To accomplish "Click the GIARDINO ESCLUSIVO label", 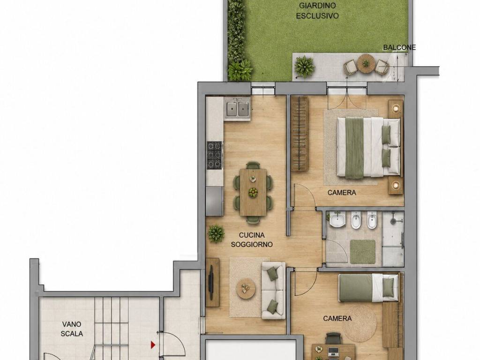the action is point(317,11).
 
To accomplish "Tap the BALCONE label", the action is point(399,47).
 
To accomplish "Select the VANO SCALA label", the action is point(72,329).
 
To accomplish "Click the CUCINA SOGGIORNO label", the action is point(252,240).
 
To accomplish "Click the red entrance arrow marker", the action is point(153,345).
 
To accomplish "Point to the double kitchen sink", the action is point(237,108).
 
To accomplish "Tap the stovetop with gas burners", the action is point(214,155).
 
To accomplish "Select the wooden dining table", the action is point(253,192).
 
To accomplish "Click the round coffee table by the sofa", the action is point(246,289).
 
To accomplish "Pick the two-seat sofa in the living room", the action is point(273,291).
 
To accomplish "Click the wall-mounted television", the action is point(211,282).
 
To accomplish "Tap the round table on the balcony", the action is point(366,63).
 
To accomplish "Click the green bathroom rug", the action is point(363,252).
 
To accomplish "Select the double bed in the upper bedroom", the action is point(368,147).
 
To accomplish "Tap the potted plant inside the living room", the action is point(216,234).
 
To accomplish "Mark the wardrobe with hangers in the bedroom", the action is point(300,134).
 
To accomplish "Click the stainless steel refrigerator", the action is point(214,201).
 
